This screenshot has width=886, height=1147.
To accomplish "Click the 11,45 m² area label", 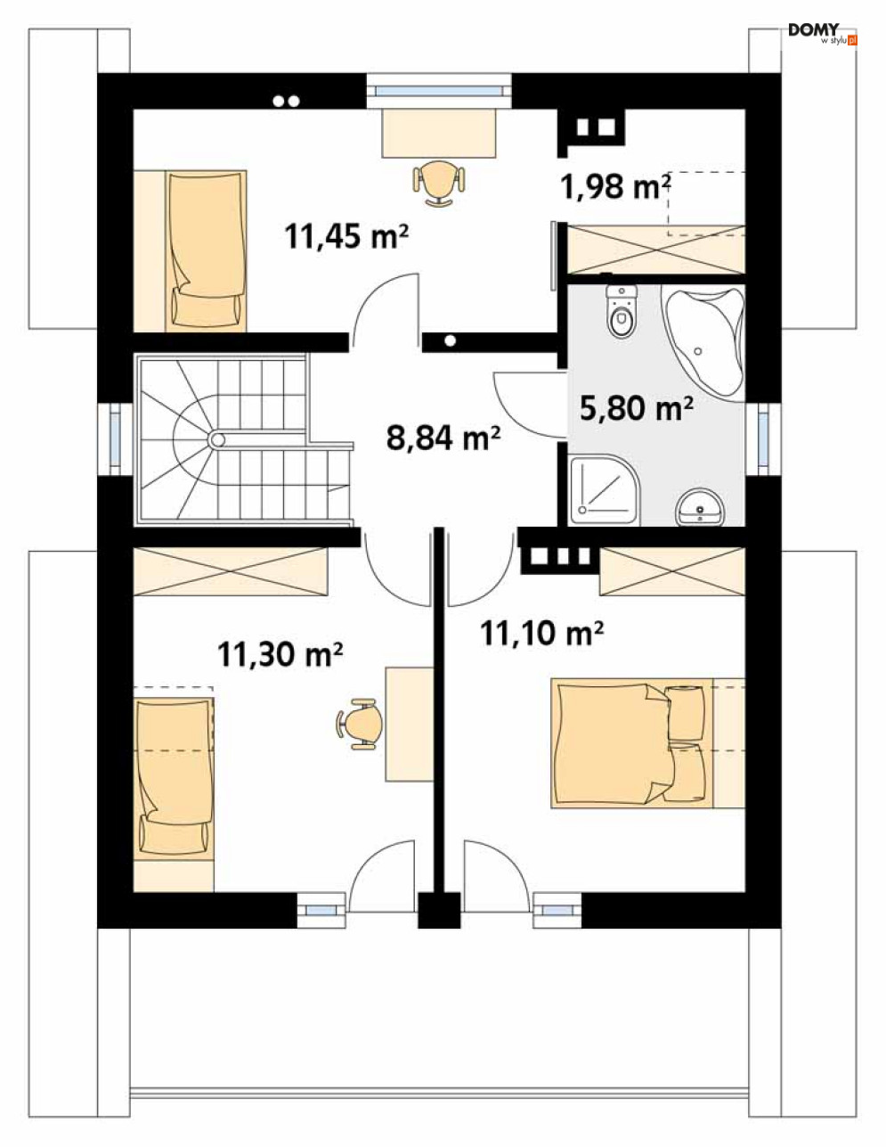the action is (346, 236).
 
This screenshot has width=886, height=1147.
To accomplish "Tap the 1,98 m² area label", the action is (615, 187).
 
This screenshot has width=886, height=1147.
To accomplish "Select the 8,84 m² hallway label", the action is (443, 438).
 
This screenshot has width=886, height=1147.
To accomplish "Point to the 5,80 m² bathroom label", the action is (636, 408).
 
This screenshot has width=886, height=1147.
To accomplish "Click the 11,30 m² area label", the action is (280, 655).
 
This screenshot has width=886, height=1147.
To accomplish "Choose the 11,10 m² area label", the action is (541, 634).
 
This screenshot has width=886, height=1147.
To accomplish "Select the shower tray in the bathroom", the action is (605, 488).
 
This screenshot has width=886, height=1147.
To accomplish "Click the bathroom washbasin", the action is (701, 507).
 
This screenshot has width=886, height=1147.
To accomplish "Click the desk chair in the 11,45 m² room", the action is (439, 182).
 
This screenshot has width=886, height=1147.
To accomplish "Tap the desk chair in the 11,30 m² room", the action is (361, 723).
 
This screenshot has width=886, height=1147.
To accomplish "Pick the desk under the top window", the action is (439, 133).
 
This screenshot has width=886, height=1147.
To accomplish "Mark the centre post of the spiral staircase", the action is (216, 439).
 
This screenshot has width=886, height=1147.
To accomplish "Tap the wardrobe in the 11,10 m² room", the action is (672, 571).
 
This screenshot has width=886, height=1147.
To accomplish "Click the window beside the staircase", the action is (116, 438).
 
